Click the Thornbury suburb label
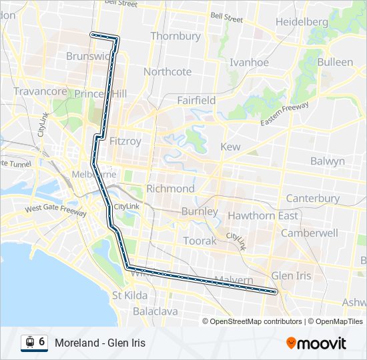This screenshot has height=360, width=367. coord(175,36)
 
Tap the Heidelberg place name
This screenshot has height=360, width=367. coord(302,22)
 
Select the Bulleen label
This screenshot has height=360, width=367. coord(335,62)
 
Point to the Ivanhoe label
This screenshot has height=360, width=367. coord(249,63)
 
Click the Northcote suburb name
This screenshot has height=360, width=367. coord(167,72)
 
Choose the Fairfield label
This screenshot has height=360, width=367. coord(196,100)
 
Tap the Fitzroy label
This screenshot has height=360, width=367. coord(125,141)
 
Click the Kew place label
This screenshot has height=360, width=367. coord(230,147)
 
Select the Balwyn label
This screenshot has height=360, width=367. coord(328,161)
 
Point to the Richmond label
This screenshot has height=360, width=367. coord(170,189)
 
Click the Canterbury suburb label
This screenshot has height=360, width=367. coord(312,199)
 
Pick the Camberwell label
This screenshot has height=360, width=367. coord(309,233)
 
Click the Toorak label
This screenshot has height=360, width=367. coord(200,241)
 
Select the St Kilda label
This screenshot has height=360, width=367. coord(130,295)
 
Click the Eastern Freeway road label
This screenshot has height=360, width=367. coord(284,115)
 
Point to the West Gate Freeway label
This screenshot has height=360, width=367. coord(56,211)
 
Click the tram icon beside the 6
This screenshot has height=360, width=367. coord(30,343)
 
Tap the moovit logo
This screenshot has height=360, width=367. coord(316,343)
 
